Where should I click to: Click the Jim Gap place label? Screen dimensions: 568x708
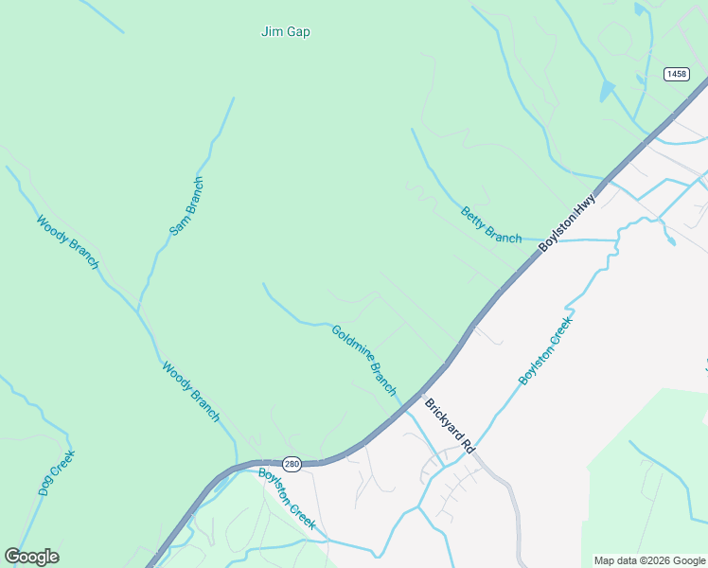(285, 31)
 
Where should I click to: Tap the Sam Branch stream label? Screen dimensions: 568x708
(186, 206)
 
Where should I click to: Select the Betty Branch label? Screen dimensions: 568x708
(491, 225)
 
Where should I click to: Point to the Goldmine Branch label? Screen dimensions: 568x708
(364, 360)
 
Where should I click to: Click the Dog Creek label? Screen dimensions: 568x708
(57, 472)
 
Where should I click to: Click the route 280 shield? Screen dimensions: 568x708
(292, 464)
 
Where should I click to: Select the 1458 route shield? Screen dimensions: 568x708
(676, 74)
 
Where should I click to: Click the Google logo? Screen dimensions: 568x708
(31, 557)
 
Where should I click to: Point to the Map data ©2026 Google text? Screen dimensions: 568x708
(649, 560)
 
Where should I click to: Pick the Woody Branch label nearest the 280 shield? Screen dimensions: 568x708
(191, 391)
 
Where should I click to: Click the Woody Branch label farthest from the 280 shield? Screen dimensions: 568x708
(67, 242)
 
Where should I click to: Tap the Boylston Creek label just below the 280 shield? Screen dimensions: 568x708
(287, 498)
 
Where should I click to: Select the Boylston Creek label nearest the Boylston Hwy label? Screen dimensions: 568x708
(546, 351)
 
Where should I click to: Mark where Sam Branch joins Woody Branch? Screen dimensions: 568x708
(138, 311)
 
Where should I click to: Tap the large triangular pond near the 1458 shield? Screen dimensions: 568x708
(606, 91)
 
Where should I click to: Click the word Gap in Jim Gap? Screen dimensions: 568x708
(298, 31)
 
